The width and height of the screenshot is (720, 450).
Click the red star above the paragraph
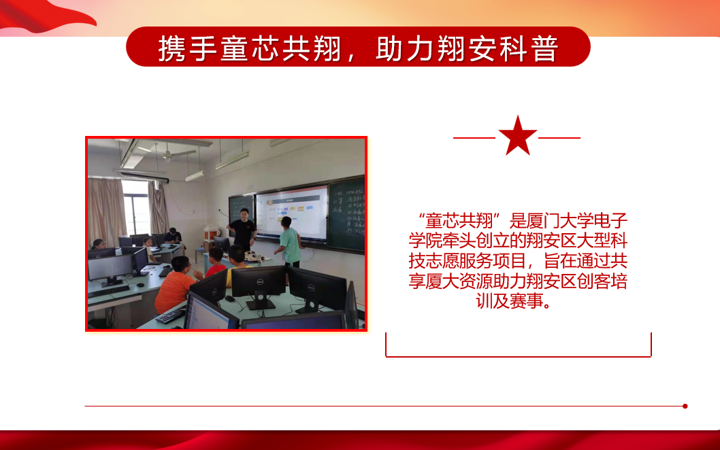pos(517,136)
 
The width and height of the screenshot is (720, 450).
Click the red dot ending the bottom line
pos(685,406)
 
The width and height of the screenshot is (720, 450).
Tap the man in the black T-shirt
pos(242,229)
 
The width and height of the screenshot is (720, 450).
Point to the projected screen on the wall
pos(292,213)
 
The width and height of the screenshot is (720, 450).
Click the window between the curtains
pos(136,207)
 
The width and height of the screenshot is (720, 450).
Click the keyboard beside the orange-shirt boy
pos(170,315)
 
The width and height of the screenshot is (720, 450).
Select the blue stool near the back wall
pos(199,255)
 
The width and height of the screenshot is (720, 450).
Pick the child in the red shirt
pos(215,262)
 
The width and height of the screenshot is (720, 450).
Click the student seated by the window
pos(174,236)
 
